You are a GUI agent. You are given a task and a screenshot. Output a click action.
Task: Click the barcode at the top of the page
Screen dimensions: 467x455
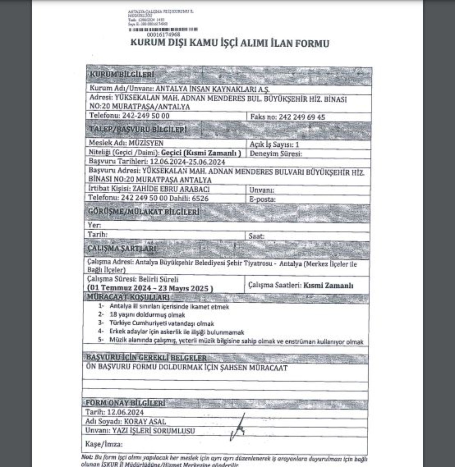163,30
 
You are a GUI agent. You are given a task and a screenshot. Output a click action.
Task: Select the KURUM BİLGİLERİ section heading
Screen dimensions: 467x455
122,75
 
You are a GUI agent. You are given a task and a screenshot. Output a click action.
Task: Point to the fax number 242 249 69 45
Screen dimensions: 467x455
302,117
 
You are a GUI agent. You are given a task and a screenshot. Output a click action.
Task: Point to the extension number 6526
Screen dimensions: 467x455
201,198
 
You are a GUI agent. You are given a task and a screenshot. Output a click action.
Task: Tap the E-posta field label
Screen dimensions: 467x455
262,199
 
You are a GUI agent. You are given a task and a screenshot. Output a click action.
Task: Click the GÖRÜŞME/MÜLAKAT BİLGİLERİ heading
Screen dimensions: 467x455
143,212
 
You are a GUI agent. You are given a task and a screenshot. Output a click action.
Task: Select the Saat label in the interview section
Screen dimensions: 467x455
256,236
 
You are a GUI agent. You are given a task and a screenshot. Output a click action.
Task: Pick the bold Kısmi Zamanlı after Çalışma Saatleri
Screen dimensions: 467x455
328,285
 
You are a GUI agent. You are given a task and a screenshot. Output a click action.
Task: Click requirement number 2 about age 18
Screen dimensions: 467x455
147,315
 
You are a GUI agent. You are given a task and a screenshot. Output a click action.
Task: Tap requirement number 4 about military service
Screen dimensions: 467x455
177,332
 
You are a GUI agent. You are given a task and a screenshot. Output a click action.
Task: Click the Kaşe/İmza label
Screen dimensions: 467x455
104,444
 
